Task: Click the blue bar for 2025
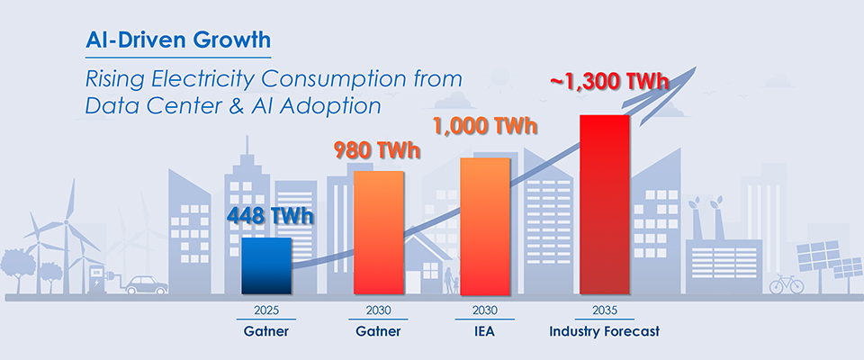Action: pyautogui.click(x=266, y=266)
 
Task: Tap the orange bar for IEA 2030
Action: pyautogui.click(x=487, y=226)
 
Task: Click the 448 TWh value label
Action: pyautogui.click(x=265, y=217)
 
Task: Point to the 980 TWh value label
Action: pyautogui.click(x=378, y=148)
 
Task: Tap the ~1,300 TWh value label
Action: pyautogui.click(x=608, y=83)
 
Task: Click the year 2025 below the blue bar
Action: pyautogui.click(x=266, y=310)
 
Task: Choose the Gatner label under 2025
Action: pyautogui.click(x=266, y=331)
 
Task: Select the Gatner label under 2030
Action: pyautogui.click(x=378, y=331)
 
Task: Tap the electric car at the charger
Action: pyautogui.click(x=144, y=284)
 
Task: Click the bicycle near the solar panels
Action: pyautogui.click(x=786, y=285)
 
